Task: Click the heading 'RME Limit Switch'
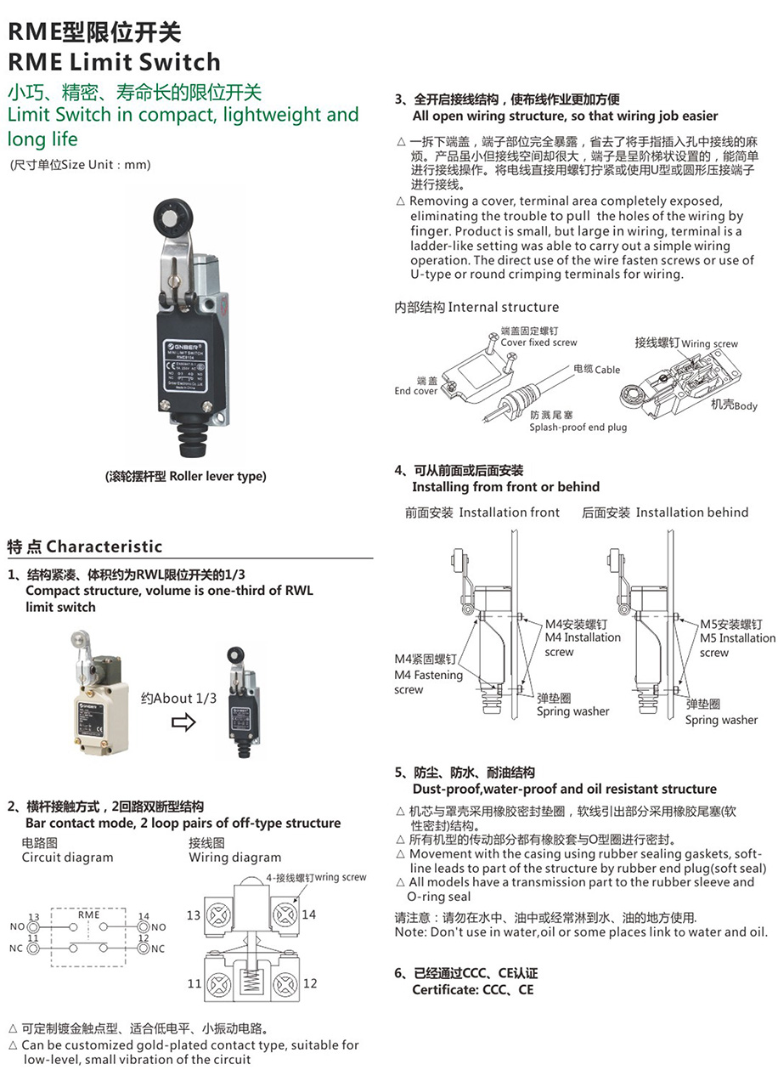coord(114,62)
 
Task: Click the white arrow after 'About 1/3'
coord(183,722)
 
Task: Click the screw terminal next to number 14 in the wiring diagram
coord(283,914)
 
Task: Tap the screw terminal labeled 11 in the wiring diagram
coord(219,983)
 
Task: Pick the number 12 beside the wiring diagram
coord(310,983)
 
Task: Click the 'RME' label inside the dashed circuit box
coord(88,914)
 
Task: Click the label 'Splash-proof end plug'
coord(578,427)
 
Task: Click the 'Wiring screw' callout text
coord(709,344)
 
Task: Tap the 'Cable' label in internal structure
coord(607,370)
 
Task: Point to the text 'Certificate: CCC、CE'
coord(473,990)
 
